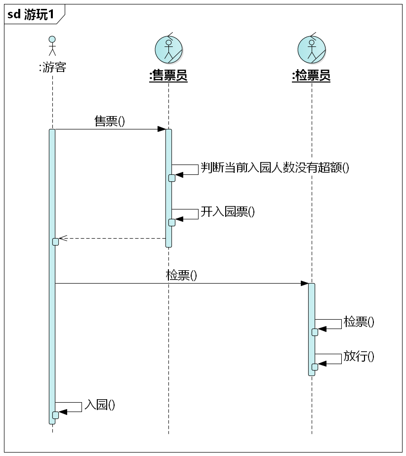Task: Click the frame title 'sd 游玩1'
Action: tap(31, 14)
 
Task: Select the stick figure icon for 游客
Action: tap(52, 46)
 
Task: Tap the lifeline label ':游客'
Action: tap(52, 68)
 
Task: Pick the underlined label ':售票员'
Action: tap(168, 76)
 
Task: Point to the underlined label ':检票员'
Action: tap(311, 76)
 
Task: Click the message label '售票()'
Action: tap(110, 121)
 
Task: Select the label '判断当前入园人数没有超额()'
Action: tap(275, 167)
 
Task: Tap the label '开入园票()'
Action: tap(228, 212)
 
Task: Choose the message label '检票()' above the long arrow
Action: tap(181, 275)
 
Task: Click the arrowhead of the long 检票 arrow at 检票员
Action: tap(305, 283)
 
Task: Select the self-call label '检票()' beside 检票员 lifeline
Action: tap(359, 322)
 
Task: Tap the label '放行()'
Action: tap(359, 356)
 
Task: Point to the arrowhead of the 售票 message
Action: tap(162, 129)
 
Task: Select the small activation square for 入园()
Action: tap(55, 415)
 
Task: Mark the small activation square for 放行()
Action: tap(315, 366)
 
